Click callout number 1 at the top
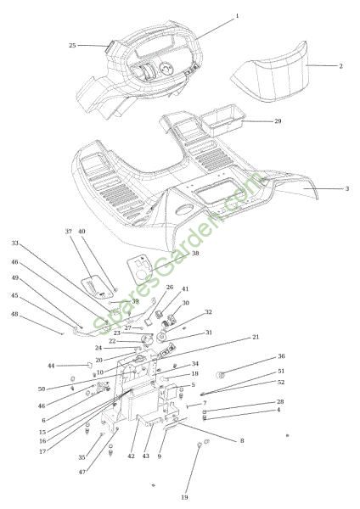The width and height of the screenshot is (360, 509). pos(237,15)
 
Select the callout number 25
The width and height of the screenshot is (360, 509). pos(72,46)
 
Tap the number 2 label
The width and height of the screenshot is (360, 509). pos(340,66)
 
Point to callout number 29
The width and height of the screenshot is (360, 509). pos(278,121)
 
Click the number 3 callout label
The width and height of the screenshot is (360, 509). pos(347,188)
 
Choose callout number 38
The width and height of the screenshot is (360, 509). pos(195,253)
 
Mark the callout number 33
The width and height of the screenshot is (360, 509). pos(15,243)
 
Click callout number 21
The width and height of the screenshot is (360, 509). pos(256,337)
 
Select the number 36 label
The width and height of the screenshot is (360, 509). pos(281,356)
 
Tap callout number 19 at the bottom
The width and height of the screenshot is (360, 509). pos(184,497)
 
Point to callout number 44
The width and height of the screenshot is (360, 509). pos(51,366)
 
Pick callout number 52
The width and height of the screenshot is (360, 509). pos(281,382)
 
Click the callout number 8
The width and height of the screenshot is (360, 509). pos(242,440)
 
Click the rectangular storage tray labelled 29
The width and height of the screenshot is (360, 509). pos(222,120)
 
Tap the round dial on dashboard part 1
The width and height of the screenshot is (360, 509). pos(166,69)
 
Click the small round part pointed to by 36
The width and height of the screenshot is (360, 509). pos(221,375)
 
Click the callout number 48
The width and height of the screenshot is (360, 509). pos(14,314)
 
